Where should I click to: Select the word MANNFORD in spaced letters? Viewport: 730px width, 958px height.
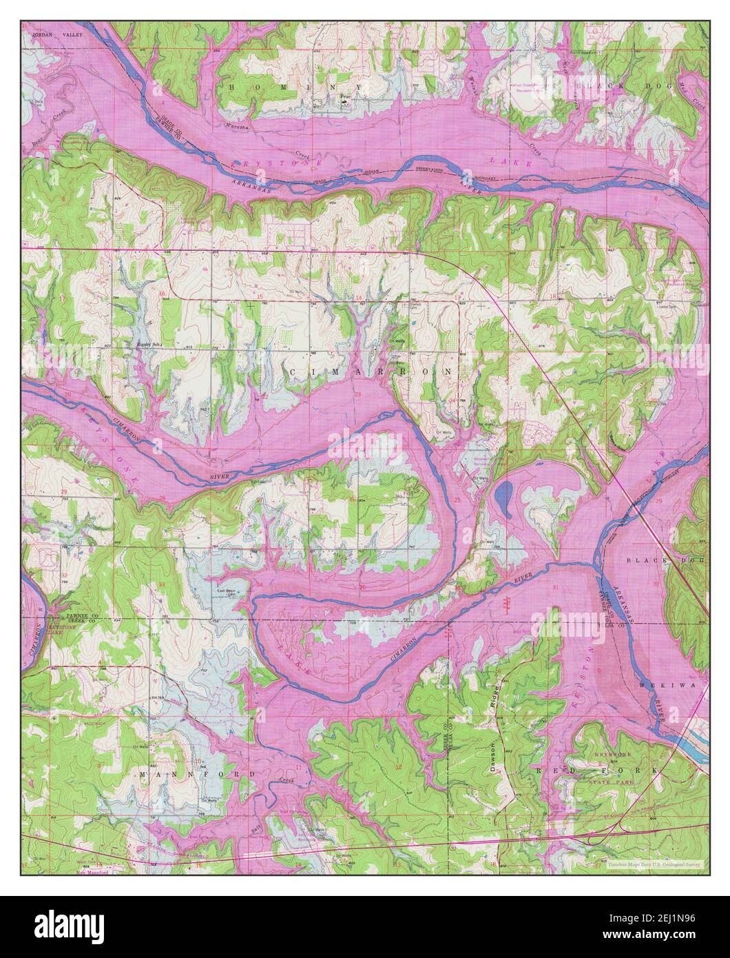point(198,774)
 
